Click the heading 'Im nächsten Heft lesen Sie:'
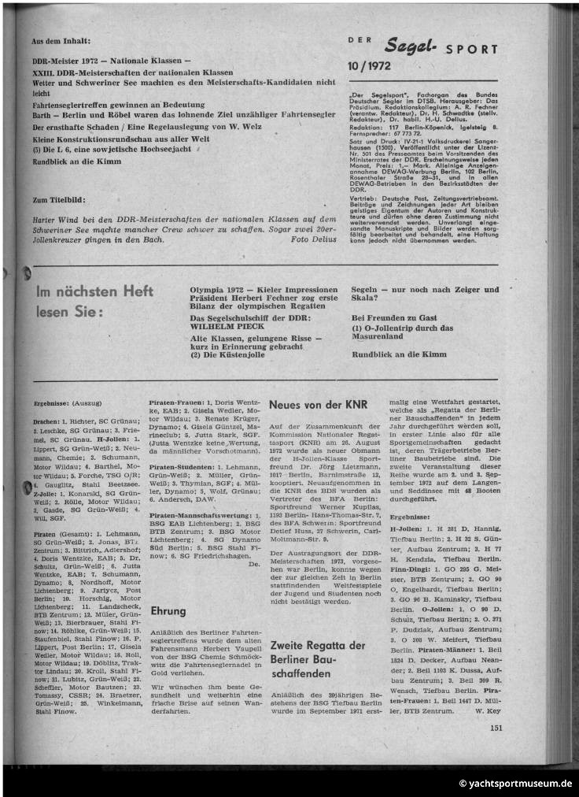[x=94, y=302]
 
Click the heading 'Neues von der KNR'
[x=318, y=405]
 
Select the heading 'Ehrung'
[x=168, y=610]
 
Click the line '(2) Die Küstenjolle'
[x=227, y=355]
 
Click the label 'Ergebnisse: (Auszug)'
[x=62, y=402]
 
